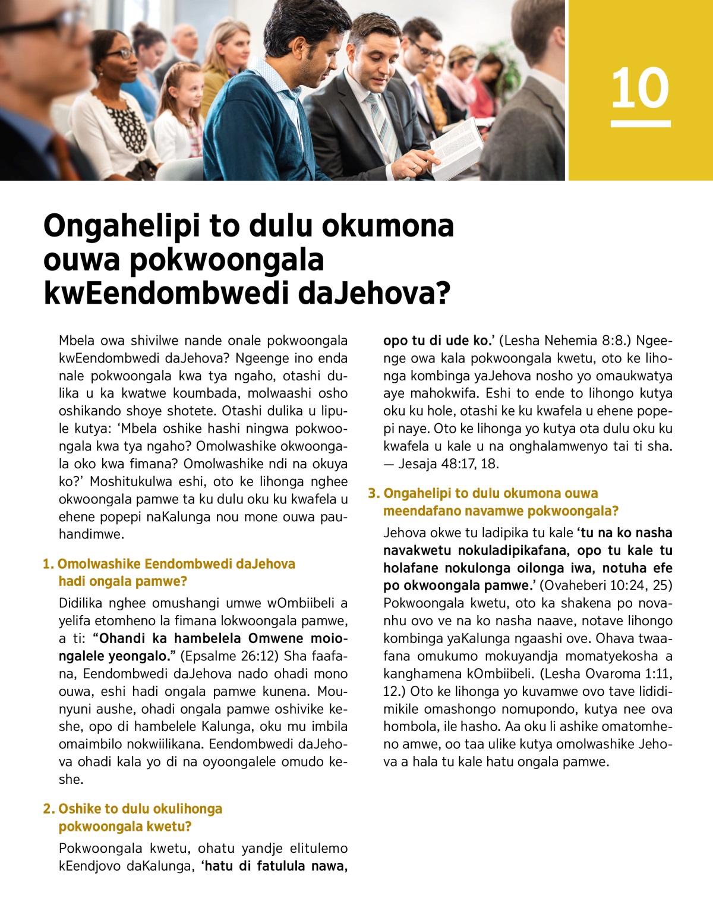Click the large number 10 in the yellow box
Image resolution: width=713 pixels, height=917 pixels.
coord(640,89)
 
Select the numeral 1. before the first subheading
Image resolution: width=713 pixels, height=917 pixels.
coord(48,564)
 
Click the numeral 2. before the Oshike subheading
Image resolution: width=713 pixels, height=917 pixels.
coord(49,809)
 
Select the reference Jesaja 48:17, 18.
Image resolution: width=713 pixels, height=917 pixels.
coord(448,464)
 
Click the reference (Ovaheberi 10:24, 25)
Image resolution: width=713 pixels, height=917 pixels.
coord(606,585)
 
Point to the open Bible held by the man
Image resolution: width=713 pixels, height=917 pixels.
coord(458,146)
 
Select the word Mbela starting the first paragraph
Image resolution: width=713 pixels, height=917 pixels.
coord(77,341)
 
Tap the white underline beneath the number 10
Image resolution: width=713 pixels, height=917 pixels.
coord(641,124)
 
